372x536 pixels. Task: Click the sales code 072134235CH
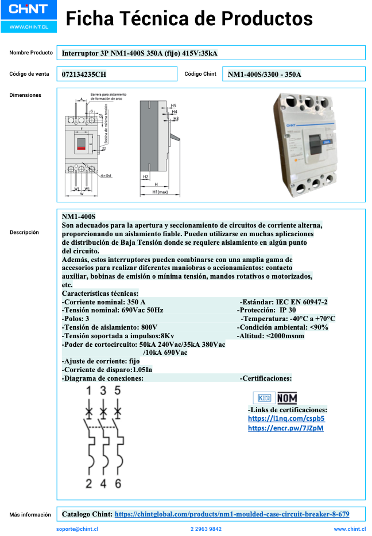84,75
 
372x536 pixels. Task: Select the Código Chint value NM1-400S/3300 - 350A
264,75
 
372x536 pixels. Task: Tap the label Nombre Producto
31,53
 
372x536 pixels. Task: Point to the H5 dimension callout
173,106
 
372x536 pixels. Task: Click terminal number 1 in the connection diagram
88,391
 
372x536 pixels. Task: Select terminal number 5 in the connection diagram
118,391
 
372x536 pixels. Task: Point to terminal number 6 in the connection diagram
118,483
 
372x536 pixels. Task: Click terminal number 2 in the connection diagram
88,483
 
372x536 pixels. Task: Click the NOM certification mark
286,398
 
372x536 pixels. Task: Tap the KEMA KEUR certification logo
263,398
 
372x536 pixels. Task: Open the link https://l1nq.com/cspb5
282,418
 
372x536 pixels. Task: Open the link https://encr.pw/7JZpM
285,428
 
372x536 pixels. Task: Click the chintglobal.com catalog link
231,514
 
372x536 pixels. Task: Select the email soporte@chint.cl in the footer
77,529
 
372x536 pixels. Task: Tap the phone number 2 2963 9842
206,529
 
